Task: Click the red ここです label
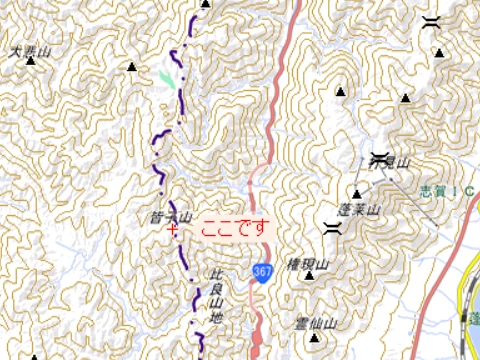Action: [x=234, y=228]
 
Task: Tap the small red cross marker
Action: [x=175, y=228]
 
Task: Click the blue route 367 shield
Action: [x=262, y=271]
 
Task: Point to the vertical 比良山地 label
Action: [x=213, y=295]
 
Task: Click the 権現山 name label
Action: [x=308, y=264]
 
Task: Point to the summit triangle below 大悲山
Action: [x=31, y=62]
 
